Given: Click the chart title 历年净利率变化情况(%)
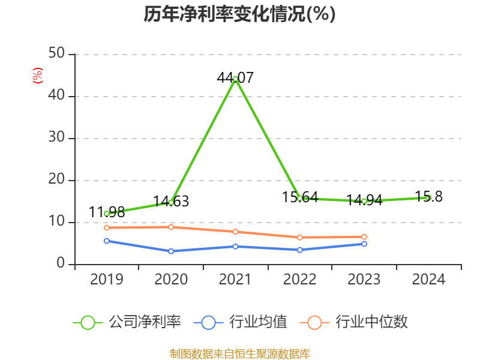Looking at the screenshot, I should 239,14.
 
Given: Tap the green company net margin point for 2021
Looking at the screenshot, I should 235,79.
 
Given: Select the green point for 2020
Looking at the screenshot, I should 171,202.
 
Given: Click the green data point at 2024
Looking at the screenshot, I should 428,197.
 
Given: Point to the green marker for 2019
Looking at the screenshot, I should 107,214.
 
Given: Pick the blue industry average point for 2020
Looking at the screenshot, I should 171,251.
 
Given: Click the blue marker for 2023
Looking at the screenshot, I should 364,244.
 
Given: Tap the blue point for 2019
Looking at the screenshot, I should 107,241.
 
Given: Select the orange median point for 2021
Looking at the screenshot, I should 235,232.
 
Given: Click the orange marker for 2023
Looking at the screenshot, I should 364,237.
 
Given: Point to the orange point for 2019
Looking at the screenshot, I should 107,227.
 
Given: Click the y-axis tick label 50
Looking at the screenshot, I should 58,54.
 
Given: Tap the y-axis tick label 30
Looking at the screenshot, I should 58,138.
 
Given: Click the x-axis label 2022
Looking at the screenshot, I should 299,280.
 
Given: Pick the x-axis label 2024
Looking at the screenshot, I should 428,280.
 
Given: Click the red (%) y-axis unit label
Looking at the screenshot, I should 37,76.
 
